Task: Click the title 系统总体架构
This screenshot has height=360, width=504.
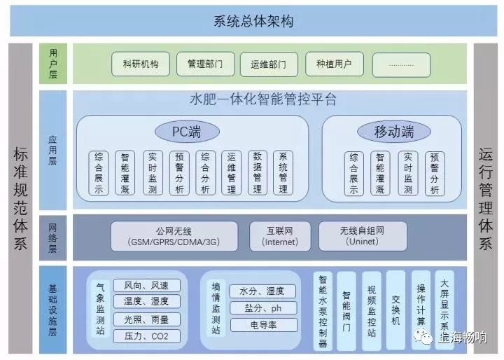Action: [x=253, y=21]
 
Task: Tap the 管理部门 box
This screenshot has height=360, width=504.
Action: [x=205, y=64]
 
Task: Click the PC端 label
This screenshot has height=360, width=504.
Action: [x=186, y=131]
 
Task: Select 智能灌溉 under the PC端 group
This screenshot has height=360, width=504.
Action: [x=125, y=172]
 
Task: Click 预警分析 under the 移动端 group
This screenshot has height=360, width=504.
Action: [x=435, y=172]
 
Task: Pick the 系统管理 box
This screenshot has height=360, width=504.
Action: [x=283, y=172]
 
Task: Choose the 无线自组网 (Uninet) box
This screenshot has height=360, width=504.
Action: [x=363, y=236]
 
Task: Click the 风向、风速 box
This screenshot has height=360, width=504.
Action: [x=146, y=286]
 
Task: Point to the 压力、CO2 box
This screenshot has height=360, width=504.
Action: [x=146, y=336]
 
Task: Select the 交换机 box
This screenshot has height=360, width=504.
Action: [x=395, y=310]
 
